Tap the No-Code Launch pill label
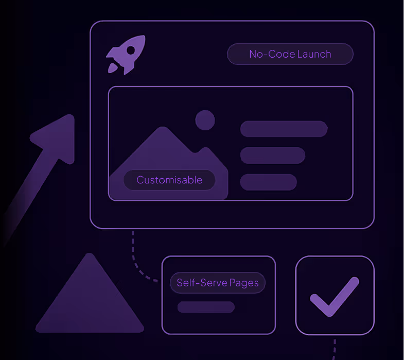pos(290,54)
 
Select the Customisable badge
pos(169,180)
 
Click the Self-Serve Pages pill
pos(217,283)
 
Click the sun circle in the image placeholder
pos(205,120)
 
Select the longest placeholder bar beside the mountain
pos(284,129)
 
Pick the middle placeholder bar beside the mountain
pos(272,155)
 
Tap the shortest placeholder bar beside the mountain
pos(268,182)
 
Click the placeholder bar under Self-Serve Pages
pos(206,307)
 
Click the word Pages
pos(244,283)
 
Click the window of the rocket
pos(131,50)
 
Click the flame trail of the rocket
pos(112,68)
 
